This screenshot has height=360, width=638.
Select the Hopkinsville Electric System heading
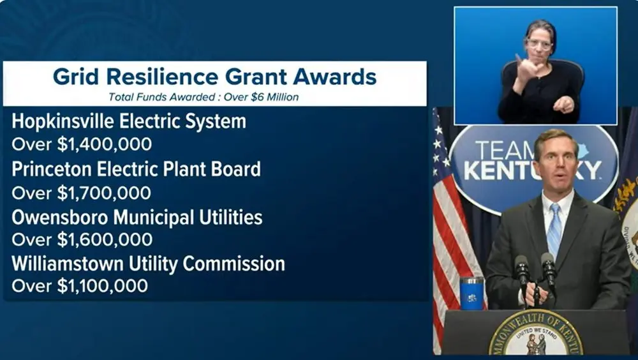[129, 121]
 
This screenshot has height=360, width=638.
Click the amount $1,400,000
[105, 144]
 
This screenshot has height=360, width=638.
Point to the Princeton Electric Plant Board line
[136, 169]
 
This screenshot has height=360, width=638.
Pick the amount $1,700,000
[105, 192]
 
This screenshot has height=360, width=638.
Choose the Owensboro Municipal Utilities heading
[137, 217]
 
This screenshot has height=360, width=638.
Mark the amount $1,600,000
[105, 239]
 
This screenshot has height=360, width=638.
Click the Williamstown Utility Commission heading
[148, 264]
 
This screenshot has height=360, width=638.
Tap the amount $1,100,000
[103, 286]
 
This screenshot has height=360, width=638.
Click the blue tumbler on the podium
[471, 293]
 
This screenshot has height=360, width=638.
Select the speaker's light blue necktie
[554, 230]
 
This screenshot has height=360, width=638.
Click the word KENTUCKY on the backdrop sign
[532, 170]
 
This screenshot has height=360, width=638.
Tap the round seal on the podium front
[536, 335]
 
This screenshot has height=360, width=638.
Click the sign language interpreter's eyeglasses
[539, 44]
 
